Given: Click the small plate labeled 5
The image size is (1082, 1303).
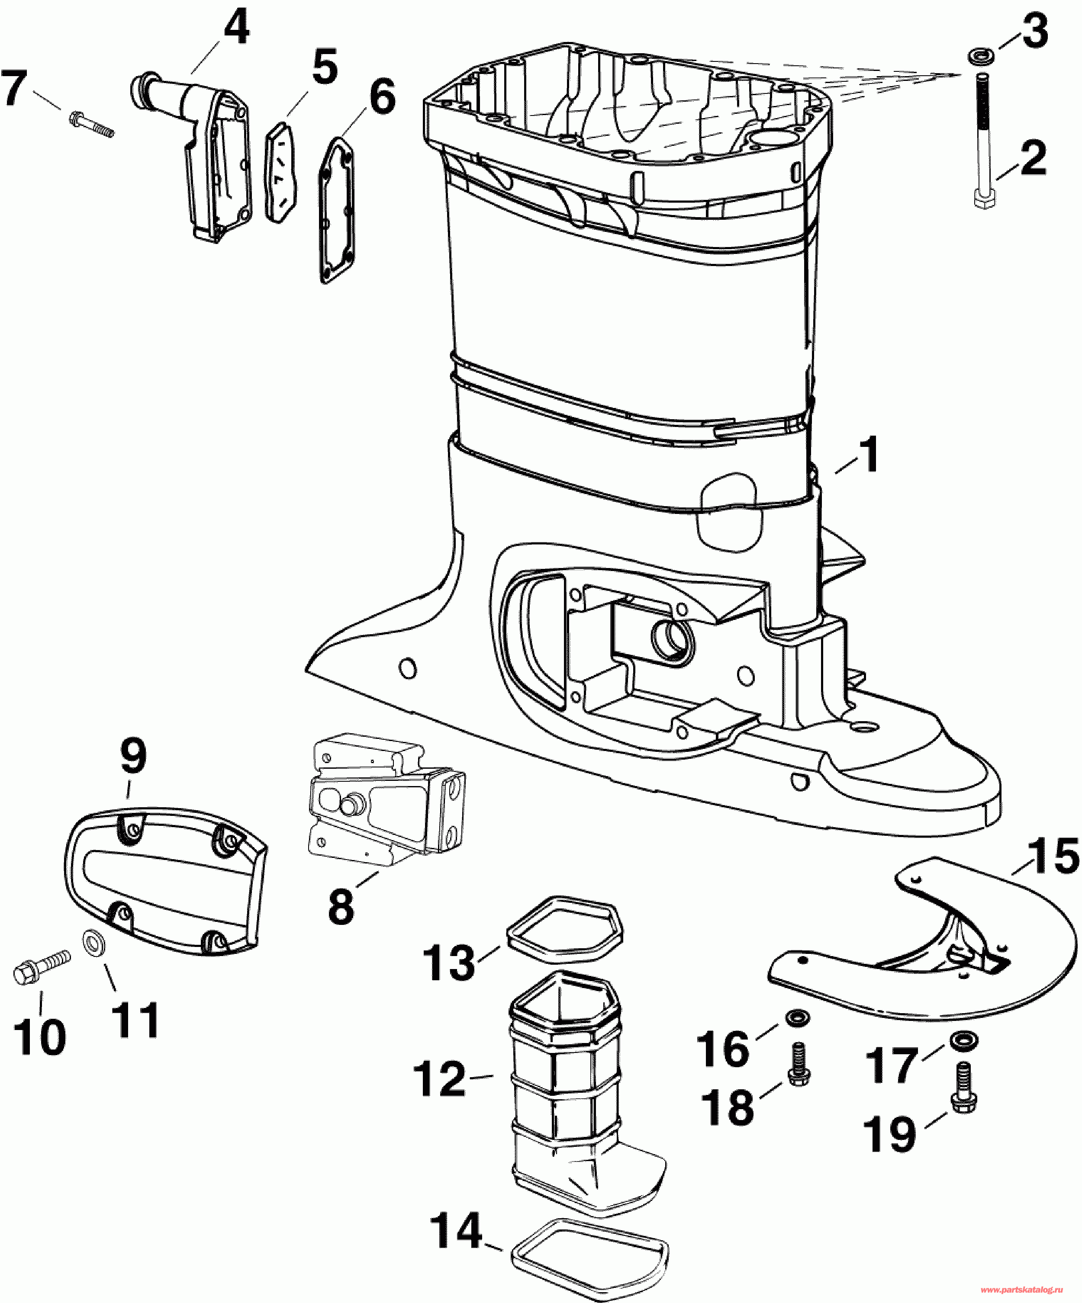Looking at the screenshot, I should (281, 170).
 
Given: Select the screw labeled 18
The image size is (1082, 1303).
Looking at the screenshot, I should (799, 1065).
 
